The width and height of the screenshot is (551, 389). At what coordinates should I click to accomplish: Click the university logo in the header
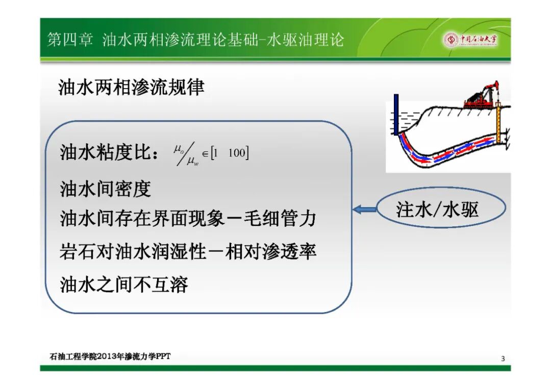tap(470, 40)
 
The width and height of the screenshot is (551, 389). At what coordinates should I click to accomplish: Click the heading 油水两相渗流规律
tap(131, 87)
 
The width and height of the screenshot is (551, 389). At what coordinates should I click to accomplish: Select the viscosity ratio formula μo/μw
tap(186, 154)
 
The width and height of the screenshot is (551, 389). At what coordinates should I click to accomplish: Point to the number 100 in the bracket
tap(237, 153)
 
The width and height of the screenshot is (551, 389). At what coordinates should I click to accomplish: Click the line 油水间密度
tap(106, 189)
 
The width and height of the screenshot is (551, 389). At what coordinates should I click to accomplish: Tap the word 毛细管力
tap(280, 218)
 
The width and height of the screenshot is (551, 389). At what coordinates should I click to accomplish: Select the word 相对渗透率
tap(271, 251)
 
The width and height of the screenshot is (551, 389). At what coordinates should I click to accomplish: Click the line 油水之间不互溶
tap(124, 284)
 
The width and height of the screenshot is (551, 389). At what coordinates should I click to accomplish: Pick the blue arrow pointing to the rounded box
tap(364, 210)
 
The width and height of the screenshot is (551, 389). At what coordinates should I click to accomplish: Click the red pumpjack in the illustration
tap(481, 95)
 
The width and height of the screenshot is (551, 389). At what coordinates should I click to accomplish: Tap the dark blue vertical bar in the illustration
tap(396, 114)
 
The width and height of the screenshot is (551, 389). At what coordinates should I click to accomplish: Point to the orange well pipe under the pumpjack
tap(498, 123)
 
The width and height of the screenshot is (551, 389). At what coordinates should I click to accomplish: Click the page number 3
tap(503, 358)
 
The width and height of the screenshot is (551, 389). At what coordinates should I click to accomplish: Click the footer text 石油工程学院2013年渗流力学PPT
tap(110, 356)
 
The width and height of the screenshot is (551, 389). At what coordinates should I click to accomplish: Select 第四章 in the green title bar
tap(70, 40)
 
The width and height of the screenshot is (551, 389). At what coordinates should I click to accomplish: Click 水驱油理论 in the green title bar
tap(305, 40)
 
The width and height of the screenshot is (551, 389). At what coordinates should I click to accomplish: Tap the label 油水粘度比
tap(106, 152)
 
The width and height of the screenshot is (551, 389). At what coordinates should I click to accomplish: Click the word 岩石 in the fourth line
tap(78, 251)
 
